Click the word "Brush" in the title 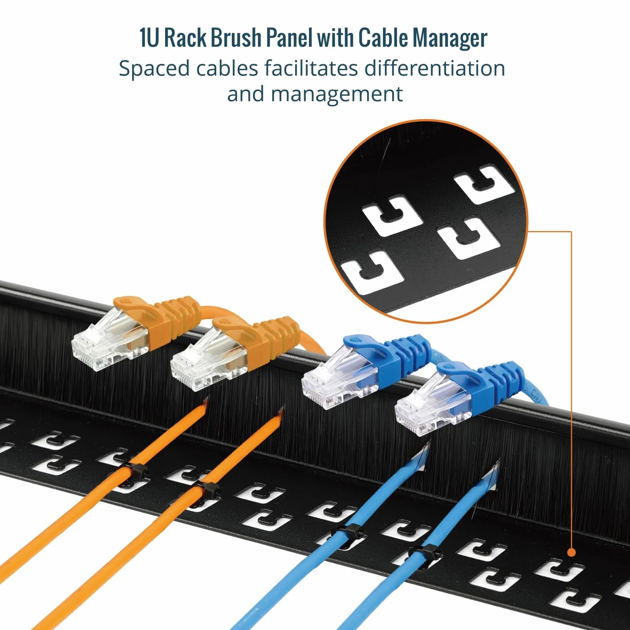[236, 39]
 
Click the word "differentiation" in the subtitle [434, 68]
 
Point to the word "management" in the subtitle [337, 95]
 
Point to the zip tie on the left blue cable [348, 533]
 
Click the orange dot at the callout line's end [571, 552]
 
